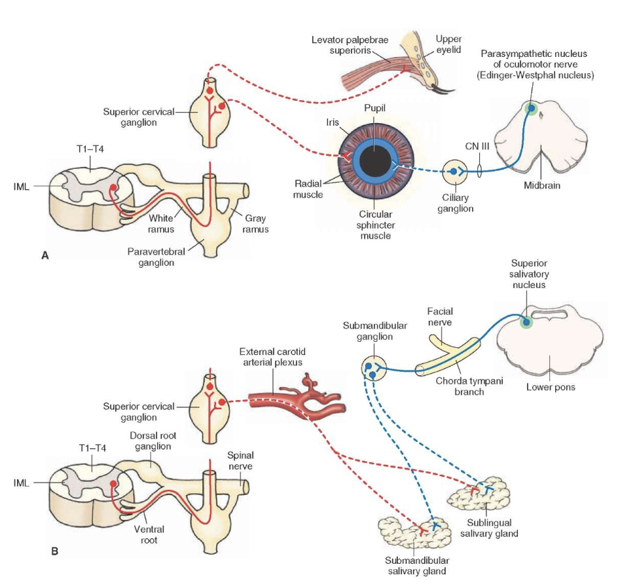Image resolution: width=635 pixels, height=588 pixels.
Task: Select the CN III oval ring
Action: tap(481, 170)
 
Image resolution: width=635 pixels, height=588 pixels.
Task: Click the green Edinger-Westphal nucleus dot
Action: tap(532, 108)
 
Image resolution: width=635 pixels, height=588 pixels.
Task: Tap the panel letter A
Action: tap(45, 256)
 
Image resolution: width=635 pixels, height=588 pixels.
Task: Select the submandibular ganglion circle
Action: tap(372, 369)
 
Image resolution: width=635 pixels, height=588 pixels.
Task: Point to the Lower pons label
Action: tap(551, 387)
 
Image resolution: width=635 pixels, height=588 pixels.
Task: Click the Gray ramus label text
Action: tap(255, 224)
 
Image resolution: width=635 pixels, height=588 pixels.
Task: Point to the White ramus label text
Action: tap(160, 224)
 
